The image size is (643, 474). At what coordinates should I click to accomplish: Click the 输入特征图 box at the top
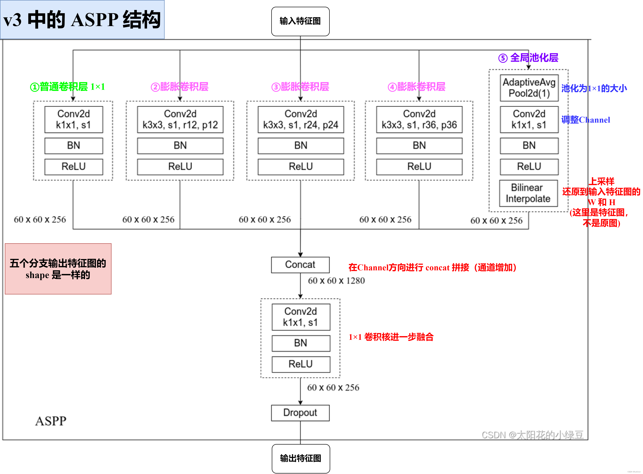tap(300, 21)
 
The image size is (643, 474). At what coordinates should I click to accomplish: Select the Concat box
tap(300, 265)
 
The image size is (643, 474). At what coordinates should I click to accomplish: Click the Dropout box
tap(300, 413)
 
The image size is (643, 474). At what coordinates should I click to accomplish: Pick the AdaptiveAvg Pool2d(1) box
tap(529, 88)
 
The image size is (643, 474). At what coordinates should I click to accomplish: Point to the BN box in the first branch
tap(73, 145)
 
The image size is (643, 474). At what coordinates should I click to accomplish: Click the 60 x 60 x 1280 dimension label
tap(336, 281)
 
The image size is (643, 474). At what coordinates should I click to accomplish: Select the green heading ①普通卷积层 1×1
tap(68, 87)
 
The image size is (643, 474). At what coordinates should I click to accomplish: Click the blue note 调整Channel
tap(585, 120)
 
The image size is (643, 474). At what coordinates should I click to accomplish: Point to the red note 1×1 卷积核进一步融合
tap(391, 337)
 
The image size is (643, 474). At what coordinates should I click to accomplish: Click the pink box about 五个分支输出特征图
tap(58, 269)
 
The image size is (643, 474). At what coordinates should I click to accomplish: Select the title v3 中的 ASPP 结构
tap(82, 19)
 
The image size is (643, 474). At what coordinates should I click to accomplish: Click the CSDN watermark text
tap(532, 435)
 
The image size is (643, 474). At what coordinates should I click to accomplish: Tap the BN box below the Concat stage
tap(301, 343)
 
